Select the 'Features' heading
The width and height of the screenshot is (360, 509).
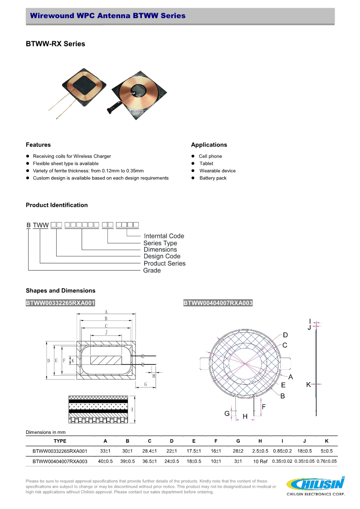38,145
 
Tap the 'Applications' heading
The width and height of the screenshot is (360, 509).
209,145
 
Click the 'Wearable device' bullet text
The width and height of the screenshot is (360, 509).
217,171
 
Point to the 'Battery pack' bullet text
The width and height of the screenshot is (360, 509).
213,178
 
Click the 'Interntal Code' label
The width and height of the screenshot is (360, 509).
164,236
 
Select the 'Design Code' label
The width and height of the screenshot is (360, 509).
162,257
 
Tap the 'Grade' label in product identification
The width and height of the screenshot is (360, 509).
152,271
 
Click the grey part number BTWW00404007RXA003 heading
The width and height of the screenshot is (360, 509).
218,303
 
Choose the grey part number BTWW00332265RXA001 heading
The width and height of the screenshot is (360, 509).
60,303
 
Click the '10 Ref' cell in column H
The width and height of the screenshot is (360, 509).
260,461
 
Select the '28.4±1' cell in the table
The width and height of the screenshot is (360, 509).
150,451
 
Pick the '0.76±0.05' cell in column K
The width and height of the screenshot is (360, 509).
326,461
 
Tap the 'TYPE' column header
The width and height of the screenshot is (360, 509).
60,441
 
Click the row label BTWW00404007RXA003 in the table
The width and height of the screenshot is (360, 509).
60,461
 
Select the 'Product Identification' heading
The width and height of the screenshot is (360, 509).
57,205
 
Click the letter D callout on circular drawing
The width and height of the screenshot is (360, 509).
285,335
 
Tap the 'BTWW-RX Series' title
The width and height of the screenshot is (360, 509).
55,44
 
